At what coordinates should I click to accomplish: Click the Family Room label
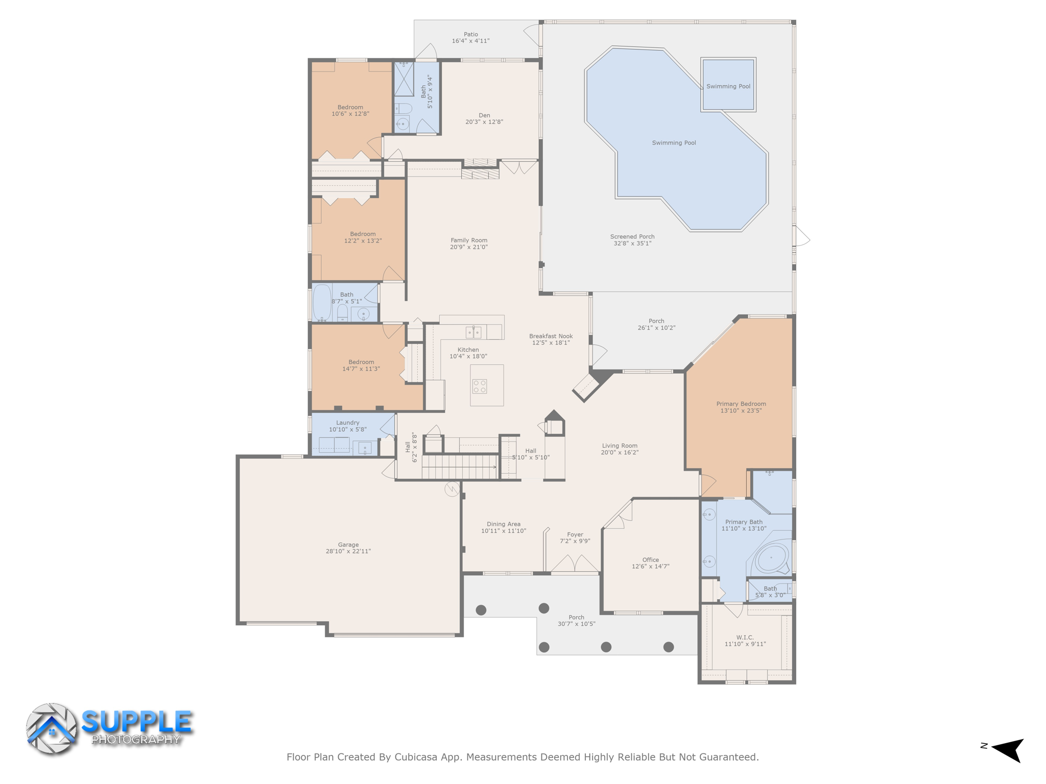click(468, 240)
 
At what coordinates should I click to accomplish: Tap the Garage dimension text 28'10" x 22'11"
click(348, 551)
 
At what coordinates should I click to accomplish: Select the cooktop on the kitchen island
click(479, 386)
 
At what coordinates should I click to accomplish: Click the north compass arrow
click(1008, 749)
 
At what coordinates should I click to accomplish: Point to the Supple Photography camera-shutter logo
click(51, 728)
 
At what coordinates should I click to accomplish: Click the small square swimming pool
click(728, 85)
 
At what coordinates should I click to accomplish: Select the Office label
click(650, 559)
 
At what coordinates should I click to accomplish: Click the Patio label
click(470, 34)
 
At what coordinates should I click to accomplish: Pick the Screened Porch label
click(632, 236)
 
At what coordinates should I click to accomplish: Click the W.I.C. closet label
click(745, 637)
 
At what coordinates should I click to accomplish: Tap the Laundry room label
click(347, 423)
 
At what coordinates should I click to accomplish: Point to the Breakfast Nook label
click(551, 336)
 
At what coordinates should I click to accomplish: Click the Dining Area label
click(503, 524)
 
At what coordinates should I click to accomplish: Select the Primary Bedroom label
click(741, 404)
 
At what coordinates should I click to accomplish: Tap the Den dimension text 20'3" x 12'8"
click(484, 122)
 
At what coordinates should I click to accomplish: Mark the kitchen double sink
click(473, 333)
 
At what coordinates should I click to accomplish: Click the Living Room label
click(619, 446)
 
